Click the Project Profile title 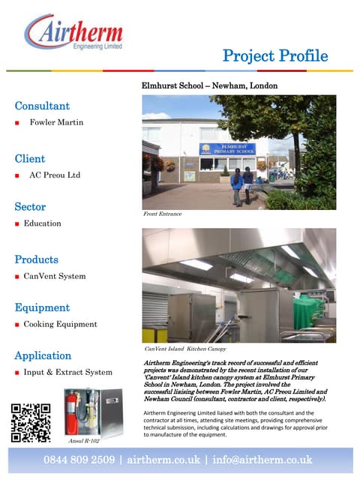[275, 55]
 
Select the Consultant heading [42, 106]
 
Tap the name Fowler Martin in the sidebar [57, 121]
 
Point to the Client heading [30, 158]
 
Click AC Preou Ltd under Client [55, 175]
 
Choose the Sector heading [30, 206]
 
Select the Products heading [36, 259]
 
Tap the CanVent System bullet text [55, 276]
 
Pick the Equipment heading [42, 307]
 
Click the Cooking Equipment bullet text [60, 324]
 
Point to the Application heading [43, 355]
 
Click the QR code [31, 421]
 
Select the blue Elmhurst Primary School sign [227, 148]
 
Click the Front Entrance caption [162, 214]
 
